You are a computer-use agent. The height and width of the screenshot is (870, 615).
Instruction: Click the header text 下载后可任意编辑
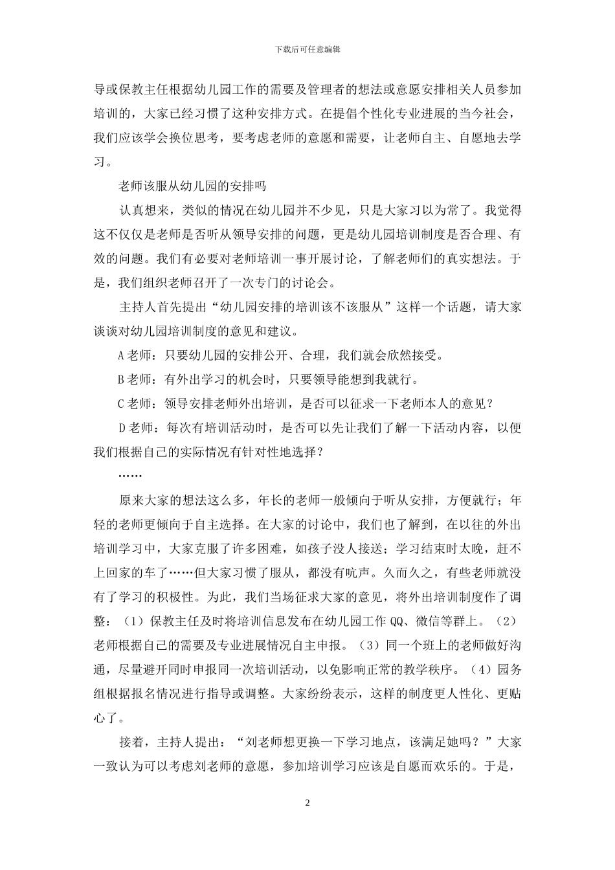(x=307, y=49)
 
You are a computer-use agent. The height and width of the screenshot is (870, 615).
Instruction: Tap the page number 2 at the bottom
(x=307, y=803)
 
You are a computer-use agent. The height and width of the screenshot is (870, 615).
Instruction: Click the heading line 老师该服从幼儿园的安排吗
(x=192, y=186)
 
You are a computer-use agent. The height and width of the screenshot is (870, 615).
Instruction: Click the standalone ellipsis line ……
(x=130, y=476)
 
